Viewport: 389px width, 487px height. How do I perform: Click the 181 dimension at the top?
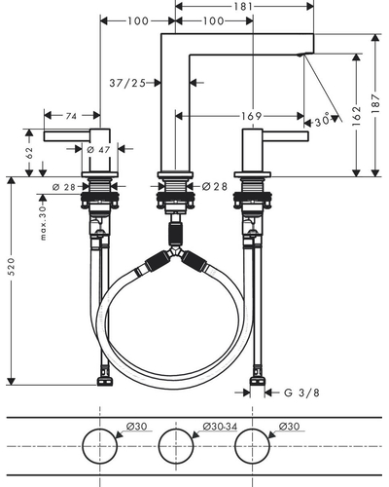pos(243,6)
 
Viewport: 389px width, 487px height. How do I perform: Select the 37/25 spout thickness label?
pos(127,83)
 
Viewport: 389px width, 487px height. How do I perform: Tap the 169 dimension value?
pos(251,116)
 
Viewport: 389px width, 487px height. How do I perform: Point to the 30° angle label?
pos(322,121)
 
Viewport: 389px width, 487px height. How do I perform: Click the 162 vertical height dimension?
pos(356,116)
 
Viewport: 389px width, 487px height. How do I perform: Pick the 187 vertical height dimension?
pos(375,103)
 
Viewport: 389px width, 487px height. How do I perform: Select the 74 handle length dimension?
pos(71,116)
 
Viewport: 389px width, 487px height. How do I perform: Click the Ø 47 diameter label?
pos(99,150)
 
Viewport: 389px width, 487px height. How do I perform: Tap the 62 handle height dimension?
pos(29,152)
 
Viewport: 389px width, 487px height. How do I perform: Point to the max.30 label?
pos(43,224)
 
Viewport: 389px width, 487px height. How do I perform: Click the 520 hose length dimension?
pos(12,267)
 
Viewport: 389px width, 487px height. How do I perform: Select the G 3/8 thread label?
pos(301,393)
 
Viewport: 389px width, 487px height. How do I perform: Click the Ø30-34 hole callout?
pos(220,427)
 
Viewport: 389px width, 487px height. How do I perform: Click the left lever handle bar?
pos(67,136)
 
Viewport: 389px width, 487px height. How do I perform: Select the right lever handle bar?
pos(285,136)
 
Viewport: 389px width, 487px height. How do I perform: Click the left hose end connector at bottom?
pos(105,382)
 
